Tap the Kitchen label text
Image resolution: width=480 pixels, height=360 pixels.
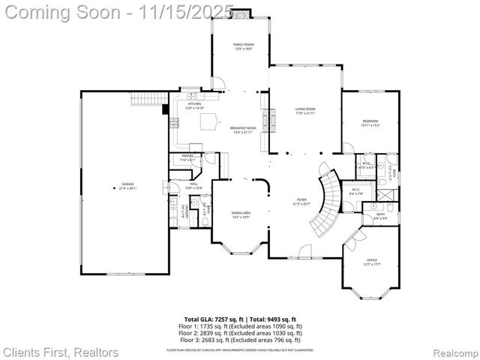coord(194,106)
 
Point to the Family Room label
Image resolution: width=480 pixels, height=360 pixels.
coord(243,46)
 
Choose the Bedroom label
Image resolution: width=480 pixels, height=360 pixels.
coord(371,122)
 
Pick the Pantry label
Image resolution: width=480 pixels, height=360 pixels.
coord(187,157)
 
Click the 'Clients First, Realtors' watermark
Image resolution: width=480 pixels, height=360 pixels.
coord(61,351)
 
